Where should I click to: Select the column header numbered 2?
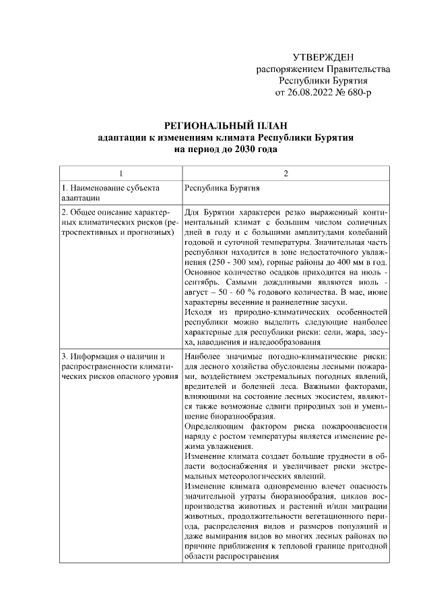pos(286,174)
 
